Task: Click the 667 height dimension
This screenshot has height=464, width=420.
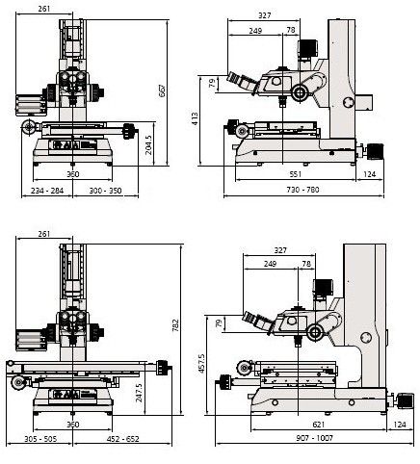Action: click(163, 90)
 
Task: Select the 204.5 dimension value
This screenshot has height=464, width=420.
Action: click(148, 144)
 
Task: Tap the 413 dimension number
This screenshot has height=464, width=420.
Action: click(195, 118)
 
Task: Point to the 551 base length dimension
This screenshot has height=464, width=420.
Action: click(296, 174)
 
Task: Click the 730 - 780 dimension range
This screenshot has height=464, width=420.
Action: click(302, 190)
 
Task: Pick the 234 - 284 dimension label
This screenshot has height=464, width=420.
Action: click(47, 191)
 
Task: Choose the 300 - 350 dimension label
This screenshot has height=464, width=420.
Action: click(105, 191)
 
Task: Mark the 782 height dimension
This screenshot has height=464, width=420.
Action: click(175, 325)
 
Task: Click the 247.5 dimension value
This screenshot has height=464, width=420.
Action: click(139, 393)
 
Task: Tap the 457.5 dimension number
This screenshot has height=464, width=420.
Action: click(201, 364)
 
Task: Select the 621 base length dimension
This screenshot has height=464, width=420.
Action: click(319, 425)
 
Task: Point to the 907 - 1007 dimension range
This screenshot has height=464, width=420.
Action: click(315, 438)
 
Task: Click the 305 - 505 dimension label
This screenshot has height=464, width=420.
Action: click(40, 439)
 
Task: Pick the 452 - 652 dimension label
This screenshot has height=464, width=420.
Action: click(122, 439)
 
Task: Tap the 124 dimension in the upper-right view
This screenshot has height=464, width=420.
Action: click(370, 174)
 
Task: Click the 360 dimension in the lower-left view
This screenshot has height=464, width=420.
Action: click(73, 425)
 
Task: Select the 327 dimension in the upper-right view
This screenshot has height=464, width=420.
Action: click(265, 15)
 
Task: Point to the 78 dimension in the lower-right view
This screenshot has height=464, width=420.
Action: click(306, 264)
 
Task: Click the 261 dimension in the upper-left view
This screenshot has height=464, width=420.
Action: click(44, 9)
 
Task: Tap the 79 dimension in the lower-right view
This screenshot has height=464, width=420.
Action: click(220, 323)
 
